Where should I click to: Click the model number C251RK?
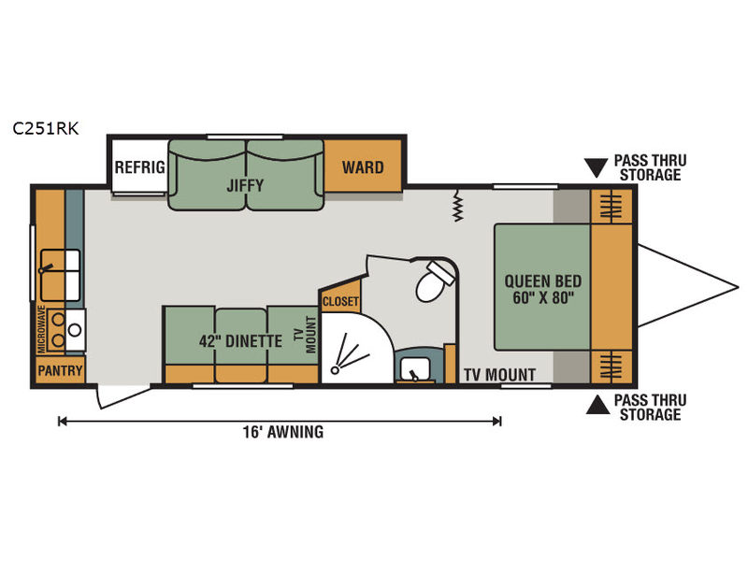[45, 128]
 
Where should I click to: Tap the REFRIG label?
[139, 167]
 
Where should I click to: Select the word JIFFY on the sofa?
[245, 185]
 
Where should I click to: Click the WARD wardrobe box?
[363, 167]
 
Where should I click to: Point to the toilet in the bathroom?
[435, 281]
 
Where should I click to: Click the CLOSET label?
[340, 301]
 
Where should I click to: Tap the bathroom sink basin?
[415, 368]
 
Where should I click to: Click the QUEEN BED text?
[543, 281]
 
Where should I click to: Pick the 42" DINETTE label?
[240, 341]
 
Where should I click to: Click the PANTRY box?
[60, 369]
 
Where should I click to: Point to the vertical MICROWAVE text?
[42, 330]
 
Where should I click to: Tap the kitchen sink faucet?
[46, 268]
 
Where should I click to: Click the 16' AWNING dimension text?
[283, 432]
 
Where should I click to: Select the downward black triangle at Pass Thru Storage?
[597, 168]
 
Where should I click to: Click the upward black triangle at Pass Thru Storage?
[597, 405]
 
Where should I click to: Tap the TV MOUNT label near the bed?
[500, 375]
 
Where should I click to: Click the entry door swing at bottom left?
[123, 396]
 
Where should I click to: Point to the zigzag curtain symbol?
[458, 206]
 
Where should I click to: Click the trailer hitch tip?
[738, 287]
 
